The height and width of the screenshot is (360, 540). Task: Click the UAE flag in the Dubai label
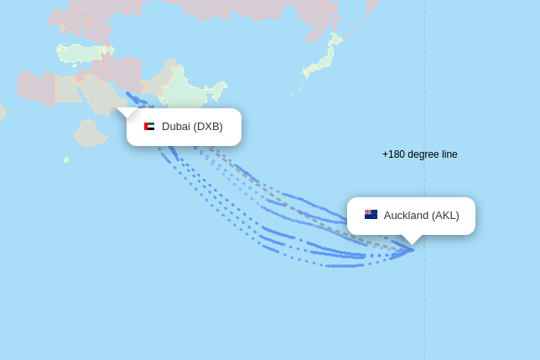(x=149, y=127)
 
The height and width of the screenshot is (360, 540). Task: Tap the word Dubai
(x=175, y=127)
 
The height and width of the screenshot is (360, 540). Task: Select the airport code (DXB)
(x=208, y=127)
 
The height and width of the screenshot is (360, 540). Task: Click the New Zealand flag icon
(x=371, y=215)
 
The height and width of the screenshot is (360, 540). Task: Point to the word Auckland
(x=406, y=216)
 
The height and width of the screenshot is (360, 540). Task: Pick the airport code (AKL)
(x=445, y=216)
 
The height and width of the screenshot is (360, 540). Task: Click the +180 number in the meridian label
(x=393, y=154)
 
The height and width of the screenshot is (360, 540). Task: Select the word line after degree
(x=449, y=154)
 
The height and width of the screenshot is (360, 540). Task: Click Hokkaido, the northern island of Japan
(x=335, y=39)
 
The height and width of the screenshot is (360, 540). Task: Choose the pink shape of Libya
(x=35, y=87)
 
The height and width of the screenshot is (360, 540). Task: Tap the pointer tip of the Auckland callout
(x=412, y=244)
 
